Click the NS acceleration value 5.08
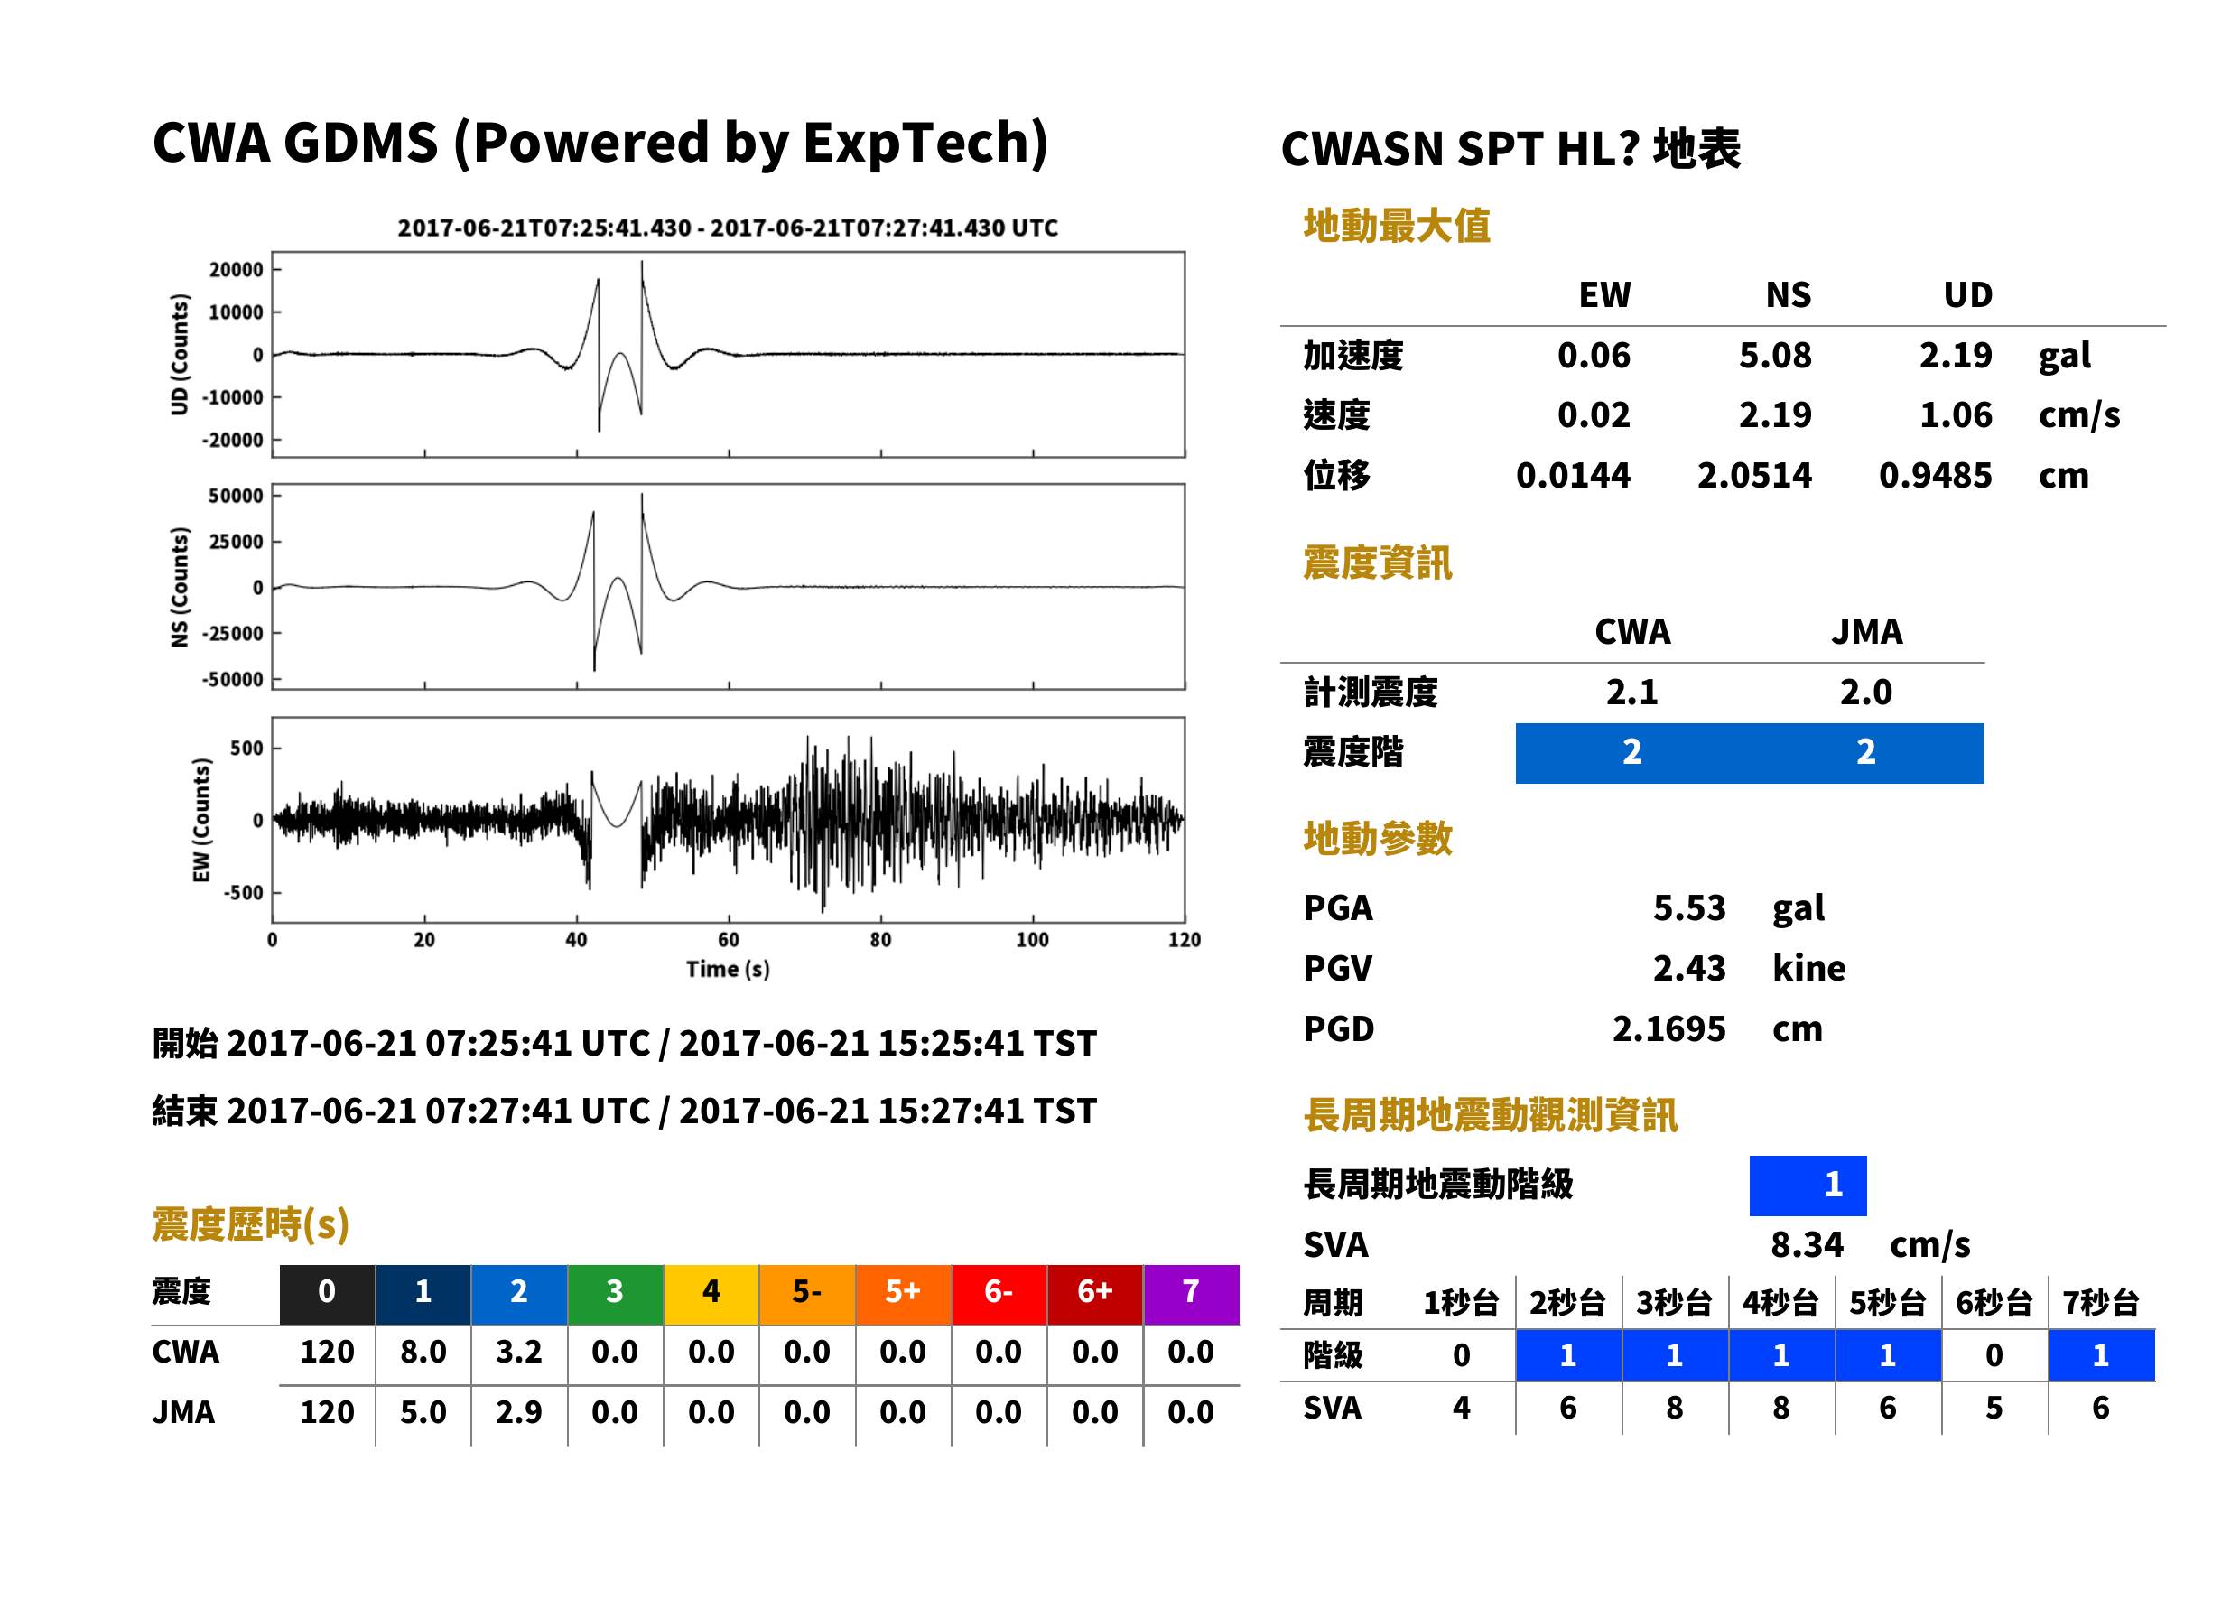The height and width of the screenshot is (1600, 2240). click(1774, 355)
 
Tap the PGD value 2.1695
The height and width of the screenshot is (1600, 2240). click(1668, 1028)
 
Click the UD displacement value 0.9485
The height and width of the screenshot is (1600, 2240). click(1935, 475)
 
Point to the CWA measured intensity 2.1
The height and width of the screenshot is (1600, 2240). click(1632, 692)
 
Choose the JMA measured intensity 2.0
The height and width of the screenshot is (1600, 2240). click(1865, 692)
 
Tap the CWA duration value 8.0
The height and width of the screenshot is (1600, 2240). click(423, 1352)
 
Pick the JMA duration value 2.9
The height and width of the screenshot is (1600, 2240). click(518, 1412)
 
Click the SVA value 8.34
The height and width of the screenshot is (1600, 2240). click(1807, 1244)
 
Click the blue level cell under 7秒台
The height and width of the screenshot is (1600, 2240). click(2101, 1355)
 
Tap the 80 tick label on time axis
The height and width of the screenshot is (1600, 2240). click(880, 940)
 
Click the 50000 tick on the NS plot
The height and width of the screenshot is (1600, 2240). click(236, 496)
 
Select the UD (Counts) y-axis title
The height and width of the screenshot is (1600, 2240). click(180, 355)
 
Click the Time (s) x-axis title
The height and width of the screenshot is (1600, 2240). click(728, 970)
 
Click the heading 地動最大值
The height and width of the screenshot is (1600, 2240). click(1397, 226)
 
